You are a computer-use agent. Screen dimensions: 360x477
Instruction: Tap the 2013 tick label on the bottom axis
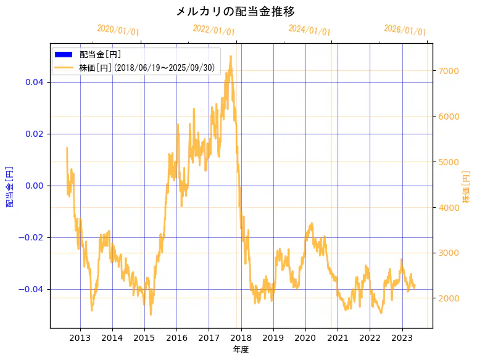pos(80,337)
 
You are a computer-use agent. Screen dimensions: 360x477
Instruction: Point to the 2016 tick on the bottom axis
pos(176,337)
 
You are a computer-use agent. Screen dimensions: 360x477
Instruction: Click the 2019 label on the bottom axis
pos(273,337)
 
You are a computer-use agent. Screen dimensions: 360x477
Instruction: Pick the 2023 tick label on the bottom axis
pos(402,337)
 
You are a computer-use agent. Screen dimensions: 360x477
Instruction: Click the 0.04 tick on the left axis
pos(33,82)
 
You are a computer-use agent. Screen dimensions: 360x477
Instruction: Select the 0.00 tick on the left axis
pos(33,186)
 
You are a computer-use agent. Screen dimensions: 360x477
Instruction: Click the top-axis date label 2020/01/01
pos(118,30)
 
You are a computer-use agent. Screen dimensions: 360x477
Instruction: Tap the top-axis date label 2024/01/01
pos(309,30)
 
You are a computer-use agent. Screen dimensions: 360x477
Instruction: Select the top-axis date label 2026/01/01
pos(405,30)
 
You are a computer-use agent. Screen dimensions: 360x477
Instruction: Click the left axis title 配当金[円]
pos(10,186)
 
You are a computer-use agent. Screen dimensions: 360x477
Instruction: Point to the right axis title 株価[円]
pos(467,187)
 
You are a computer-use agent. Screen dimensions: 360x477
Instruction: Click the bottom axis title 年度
pos(241,350)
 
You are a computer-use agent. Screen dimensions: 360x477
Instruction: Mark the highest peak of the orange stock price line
pos(231,57)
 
